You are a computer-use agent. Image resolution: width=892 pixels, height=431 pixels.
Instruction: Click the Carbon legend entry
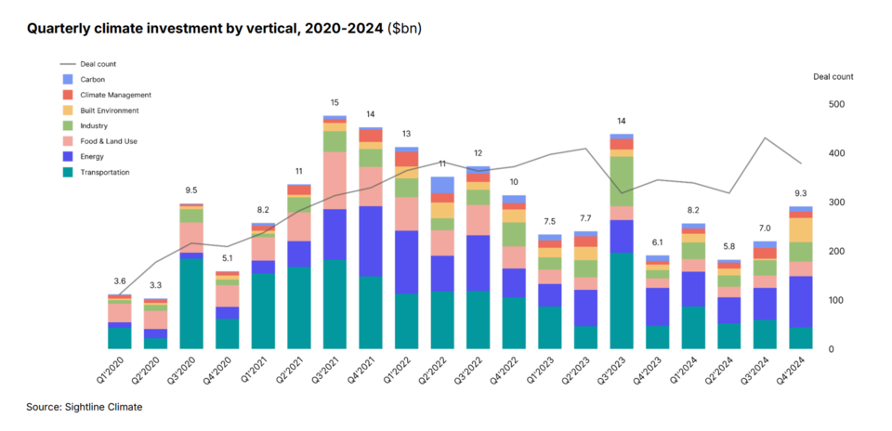coord(92,79)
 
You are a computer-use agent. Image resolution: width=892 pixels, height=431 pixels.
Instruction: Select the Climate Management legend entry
coord(115,95)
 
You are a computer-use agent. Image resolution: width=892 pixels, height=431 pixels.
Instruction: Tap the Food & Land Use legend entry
coord(112,141)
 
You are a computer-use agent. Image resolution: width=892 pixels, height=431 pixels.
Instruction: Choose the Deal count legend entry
coord(98,63)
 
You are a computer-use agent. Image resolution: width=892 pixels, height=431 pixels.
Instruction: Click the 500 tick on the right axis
coord(835,104)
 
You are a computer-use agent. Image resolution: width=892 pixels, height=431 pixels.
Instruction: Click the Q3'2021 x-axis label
coord(332,367)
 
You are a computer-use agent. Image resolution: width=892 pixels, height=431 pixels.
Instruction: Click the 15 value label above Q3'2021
coord(334,102)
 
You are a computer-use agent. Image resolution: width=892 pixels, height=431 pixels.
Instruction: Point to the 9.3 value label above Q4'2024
coord(800,192)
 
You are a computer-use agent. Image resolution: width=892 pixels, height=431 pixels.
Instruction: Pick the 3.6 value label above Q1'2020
coord(119,281)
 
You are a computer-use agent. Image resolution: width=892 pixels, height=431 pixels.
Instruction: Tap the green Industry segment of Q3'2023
coord(621,180)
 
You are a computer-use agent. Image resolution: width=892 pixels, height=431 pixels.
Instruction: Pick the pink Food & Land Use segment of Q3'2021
coord(334,180)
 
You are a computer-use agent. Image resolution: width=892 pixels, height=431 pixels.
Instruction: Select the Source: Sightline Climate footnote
coord(85,407)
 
